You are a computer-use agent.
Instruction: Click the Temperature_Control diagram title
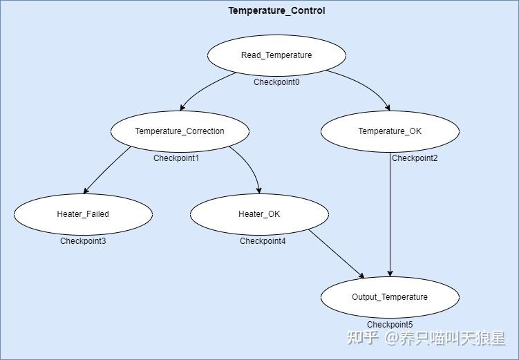276,10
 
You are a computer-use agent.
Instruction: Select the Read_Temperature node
276,55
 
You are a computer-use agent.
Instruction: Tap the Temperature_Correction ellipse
180,131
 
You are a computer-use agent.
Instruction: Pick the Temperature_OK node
390,131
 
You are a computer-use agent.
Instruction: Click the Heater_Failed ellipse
83,214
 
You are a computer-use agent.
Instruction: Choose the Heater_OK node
259,214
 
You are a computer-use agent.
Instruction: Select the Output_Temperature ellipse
390,297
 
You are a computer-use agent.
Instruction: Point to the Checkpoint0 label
276,82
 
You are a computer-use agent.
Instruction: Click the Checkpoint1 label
176,158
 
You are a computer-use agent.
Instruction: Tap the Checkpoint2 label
415,158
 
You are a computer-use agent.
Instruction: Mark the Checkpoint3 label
83,241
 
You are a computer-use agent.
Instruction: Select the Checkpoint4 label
263,241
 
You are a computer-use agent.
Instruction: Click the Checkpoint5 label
390,325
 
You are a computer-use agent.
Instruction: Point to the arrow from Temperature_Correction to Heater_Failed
107,170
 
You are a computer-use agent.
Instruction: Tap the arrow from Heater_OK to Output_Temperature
336,254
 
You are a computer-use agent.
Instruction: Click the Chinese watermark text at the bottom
426,338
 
